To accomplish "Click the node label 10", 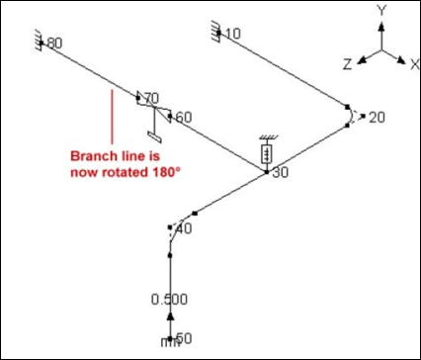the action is pos(233,34).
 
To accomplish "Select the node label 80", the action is pos(54,44).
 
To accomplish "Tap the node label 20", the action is pos(377,118).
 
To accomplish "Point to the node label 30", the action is pos(281,173).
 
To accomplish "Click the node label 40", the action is pos(184,228).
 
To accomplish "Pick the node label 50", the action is pos(184,338).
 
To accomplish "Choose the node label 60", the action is pos(184,118).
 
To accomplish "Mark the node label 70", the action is pos(151,98).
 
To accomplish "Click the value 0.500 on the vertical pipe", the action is pos(169,300).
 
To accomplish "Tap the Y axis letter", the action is pos(381,11).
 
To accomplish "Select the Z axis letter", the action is pos(348,64).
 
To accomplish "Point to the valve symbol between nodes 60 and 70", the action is pos(154,107).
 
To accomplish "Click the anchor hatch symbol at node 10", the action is pos(215,32).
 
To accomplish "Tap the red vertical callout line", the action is pos(113,117).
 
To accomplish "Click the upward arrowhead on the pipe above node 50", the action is pos(170,316).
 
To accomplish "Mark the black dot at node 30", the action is pos(267,172).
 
